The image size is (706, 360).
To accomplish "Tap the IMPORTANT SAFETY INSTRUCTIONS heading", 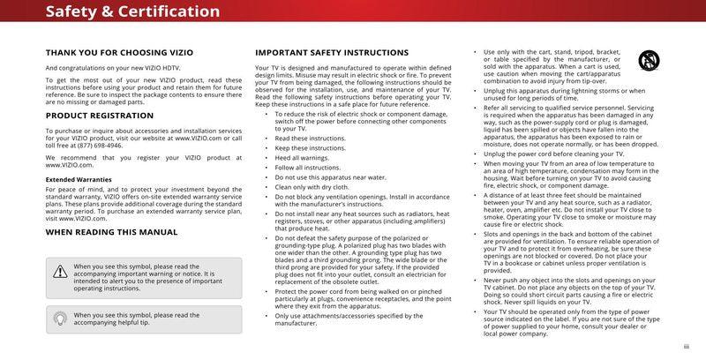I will tap(332, 53).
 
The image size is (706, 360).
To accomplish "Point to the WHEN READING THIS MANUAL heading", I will tap(111, 232).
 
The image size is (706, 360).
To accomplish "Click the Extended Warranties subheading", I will tap(79, 179).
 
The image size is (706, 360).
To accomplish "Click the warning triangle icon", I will tap(59, 273).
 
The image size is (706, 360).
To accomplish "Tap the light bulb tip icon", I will tap(59, 319).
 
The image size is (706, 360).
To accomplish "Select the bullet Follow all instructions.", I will tap(307, 167).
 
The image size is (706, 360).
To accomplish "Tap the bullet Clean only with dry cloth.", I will tap(312, 186).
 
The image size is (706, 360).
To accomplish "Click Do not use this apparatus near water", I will tap(326, 176).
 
